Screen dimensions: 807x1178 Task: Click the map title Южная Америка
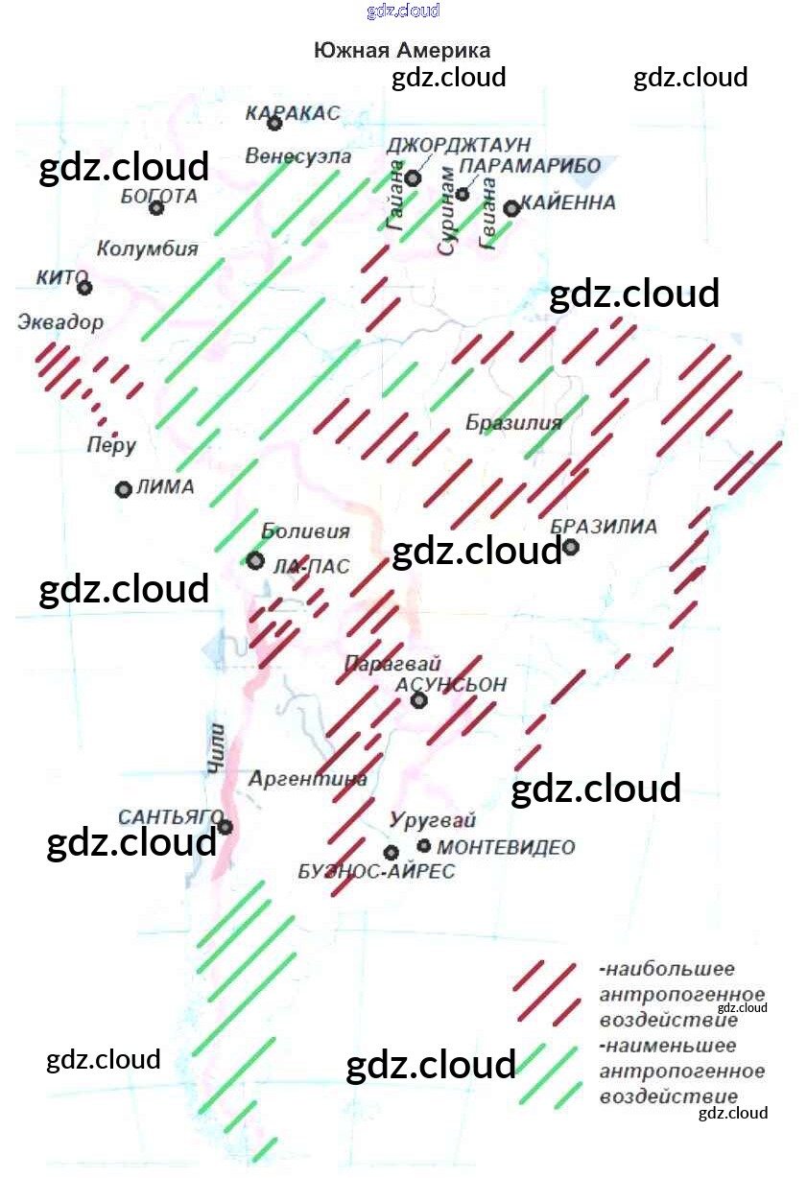tap(402, 51)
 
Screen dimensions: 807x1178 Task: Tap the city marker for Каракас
tap(274, 123)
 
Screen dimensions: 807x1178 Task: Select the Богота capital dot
tap(157, 207)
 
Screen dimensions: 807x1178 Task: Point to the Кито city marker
tap(84, 287)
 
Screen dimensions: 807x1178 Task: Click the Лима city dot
tap(123, 489)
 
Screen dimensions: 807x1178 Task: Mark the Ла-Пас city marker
tap(255, 560)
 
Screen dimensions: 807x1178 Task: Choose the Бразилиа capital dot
tap(571, 547)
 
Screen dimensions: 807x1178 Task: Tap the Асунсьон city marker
tap(418, 700)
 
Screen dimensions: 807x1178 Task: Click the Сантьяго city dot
tap(225, 826)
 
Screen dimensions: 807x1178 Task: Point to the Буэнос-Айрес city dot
tap(391, 852)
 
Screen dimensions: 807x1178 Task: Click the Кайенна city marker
tap(511, 207)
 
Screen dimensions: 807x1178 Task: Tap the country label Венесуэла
tap(297, 155)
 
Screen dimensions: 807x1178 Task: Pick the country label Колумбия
tap(148, 248)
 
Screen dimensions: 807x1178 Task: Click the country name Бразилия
tap(513, 423)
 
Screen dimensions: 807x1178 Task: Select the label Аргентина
tap(307, 779)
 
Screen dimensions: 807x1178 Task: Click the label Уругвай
tap(433, 820)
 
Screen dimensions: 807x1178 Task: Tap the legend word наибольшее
tap(671, 969)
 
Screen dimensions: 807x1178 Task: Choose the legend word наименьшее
tap(671, 1046)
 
